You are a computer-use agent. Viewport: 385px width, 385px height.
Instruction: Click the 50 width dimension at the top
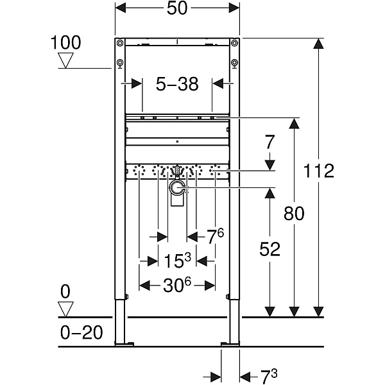click(x=177, y=8)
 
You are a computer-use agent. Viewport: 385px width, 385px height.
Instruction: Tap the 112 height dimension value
click(x=319, y=171)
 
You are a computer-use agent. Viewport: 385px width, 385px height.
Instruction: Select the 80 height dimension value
click(x=294, y=213)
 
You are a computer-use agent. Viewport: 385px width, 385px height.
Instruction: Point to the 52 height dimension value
click(x=270, y=249)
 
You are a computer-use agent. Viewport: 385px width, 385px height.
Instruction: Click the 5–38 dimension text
click(x=177, y=84)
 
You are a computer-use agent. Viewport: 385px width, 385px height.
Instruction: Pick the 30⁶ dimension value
click(x=177, y=286)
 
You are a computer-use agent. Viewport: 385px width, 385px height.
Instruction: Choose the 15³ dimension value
click(x=177, y=261)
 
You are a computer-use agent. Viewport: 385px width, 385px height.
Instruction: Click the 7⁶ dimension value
click(x=216, y=236)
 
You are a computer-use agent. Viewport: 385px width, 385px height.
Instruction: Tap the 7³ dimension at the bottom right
click(x=269, y=376)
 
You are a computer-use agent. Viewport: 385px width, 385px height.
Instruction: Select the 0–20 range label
click(x=81, y=332)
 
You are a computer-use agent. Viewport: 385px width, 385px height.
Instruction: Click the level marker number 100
click(x=65, y=42)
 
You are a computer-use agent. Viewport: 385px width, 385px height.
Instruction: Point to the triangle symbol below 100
click(x=65, y=60)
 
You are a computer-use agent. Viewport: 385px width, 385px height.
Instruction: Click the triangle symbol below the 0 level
click(x=65, y=309)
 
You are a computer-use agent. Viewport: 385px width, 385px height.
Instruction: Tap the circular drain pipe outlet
click(x=176, y=188)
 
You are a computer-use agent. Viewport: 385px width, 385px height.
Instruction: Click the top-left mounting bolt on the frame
click(x=120, y=43)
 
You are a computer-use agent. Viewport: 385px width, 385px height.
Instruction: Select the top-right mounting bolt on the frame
click(x=235, y=43)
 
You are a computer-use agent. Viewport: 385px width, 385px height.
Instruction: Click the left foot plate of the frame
click(x=124, y=344)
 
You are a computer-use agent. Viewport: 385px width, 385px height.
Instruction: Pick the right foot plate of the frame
click(x=230, y=344)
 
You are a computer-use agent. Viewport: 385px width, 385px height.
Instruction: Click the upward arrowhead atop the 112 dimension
click(x=318, y=44)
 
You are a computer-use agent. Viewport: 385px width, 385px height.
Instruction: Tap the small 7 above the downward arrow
click(x=269, y=142)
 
